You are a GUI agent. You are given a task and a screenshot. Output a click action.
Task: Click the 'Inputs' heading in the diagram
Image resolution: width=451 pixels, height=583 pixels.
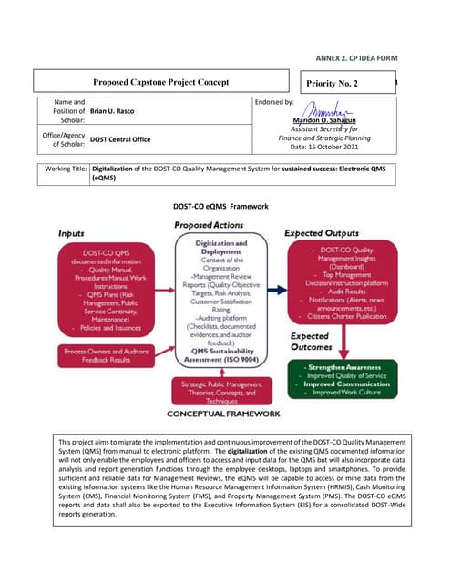click(x=72, y=234)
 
